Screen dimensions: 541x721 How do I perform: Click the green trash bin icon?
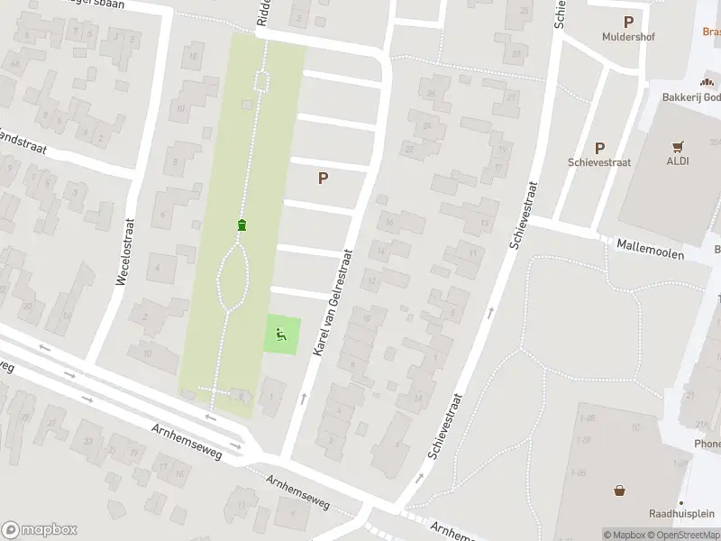242,225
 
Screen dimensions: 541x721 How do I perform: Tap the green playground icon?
281,336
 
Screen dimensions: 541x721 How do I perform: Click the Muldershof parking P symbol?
628,22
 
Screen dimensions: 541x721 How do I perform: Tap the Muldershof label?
628,38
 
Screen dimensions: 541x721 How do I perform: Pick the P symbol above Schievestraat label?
599,148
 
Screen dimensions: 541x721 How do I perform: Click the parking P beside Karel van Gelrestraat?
323,179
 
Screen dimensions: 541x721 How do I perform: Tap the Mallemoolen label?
651,250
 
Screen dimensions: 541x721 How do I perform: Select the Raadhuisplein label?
682,513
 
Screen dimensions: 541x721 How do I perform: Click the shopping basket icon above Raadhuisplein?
620,491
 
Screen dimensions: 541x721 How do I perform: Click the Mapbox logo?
39,530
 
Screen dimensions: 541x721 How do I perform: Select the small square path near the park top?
261,82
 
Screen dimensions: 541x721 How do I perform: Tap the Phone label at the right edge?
707,444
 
